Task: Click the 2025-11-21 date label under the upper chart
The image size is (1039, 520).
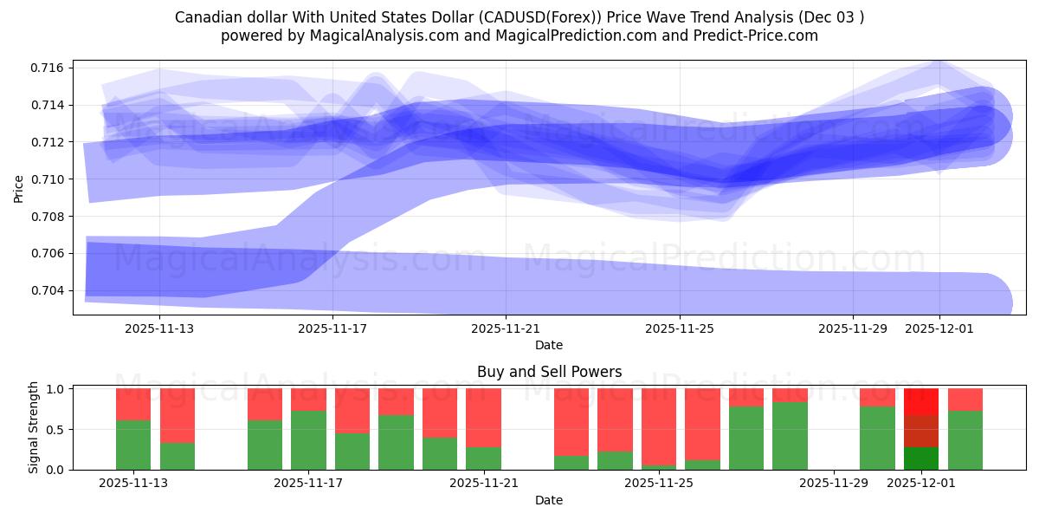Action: (x=506, y=328)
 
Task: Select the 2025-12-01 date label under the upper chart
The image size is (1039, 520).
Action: (x=939, y=328)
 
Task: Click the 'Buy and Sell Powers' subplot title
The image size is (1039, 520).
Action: (x=549, y=372)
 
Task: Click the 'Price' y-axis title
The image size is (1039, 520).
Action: (x=19, y=187)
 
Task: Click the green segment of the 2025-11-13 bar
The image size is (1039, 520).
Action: (x=133, y=445)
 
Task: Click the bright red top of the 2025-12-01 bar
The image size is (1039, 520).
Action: (x=921, y=401)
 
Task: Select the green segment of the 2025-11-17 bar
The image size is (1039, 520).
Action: (x=308, y=440)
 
